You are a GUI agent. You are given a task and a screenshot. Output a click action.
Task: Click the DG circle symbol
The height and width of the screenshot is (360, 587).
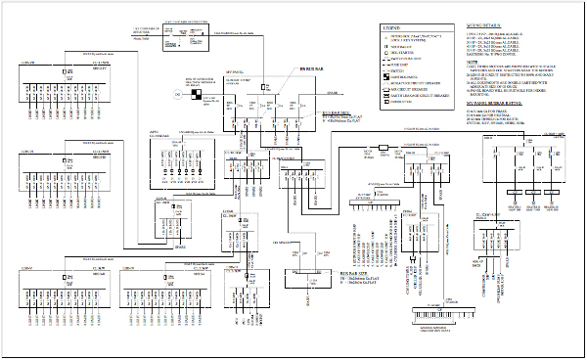pyautogui.click(x=178, y=94)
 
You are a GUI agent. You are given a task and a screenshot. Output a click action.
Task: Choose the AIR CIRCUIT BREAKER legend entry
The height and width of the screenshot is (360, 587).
pyautogui.click(x=417, y=90)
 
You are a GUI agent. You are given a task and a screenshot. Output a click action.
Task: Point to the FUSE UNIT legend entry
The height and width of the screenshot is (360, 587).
pyautogui.click(x=402, y=66)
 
